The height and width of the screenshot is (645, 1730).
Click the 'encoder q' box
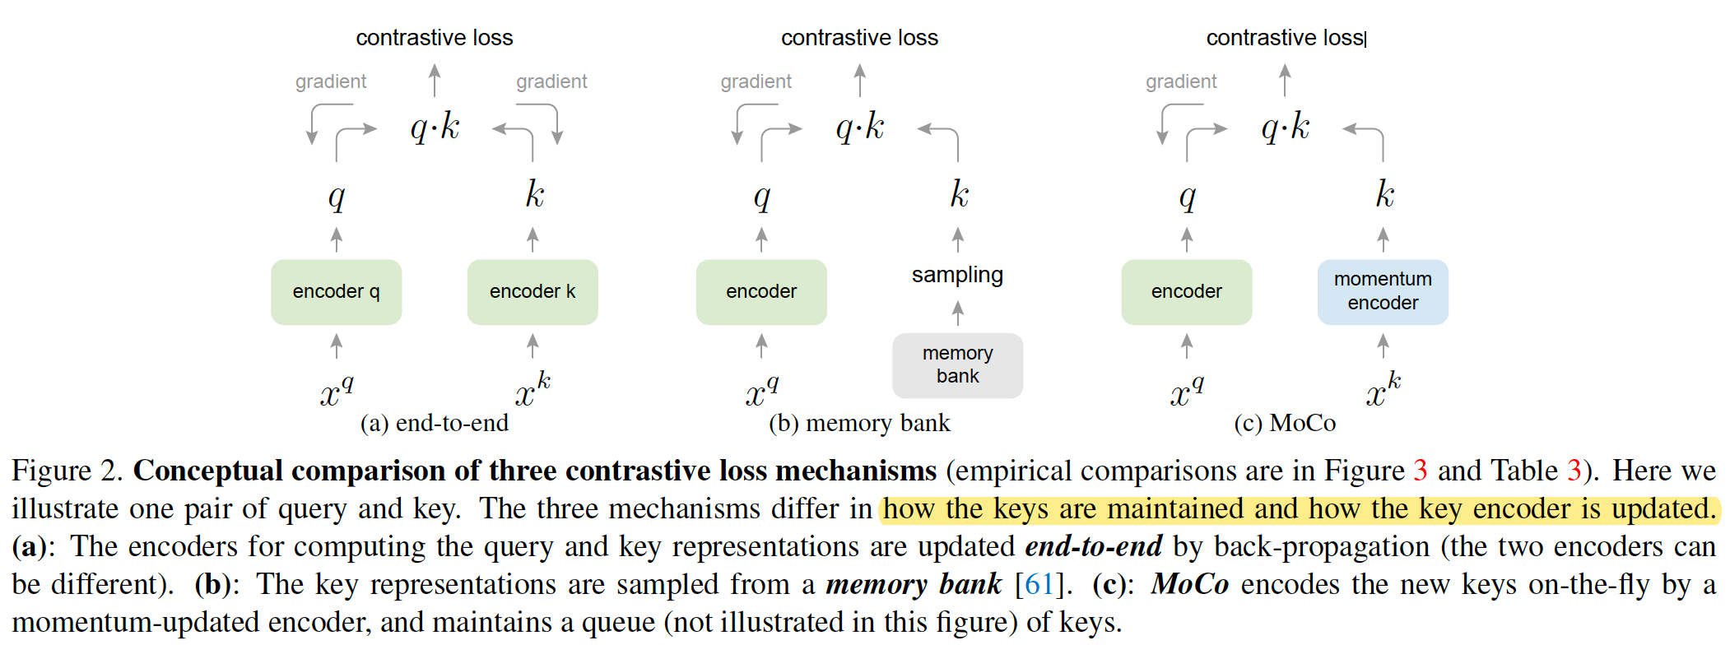[x=336, y=292]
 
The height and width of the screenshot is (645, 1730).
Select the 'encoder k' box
[x=532, y=292]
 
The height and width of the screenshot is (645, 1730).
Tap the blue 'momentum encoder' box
[x=1383, y=292]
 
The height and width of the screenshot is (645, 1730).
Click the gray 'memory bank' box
[x=957, y=365]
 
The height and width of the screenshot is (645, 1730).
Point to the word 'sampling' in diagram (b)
[x=957, y=275]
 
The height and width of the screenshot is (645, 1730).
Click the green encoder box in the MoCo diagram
[x=1186, y=292]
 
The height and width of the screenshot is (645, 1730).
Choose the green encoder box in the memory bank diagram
[x=761, y=292]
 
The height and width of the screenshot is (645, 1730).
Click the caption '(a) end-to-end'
[x=435, y=423]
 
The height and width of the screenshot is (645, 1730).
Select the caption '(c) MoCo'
[x=1285, y=423]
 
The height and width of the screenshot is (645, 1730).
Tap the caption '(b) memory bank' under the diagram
[x=859, y=423]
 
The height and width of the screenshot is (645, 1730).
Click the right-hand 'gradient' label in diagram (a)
[x=551, y=81]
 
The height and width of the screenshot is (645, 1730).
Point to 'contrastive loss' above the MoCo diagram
[x=1285, y=38]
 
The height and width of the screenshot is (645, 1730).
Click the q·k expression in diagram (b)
[x=860, y=128]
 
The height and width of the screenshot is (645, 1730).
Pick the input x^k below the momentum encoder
[x=1383, y=390]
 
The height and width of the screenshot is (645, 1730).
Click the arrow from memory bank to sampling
[x=957, y=313]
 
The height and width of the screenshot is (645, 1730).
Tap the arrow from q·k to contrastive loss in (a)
[x=435, y=81]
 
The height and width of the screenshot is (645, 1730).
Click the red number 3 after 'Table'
[x=1574, y=471]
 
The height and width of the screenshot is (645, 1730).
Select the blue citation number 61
[x=1039, y=584]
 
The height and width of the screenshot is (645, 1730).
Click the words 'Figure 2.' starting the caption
[x=67, y=471]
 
